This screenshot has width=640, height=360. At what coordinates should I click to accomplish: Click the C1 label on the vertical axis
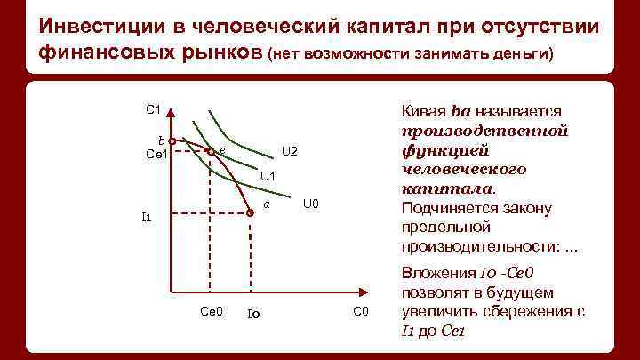tap(152, 109)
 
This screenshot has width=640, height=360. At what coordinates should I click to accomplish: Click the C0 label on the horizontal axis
tap(360, 310)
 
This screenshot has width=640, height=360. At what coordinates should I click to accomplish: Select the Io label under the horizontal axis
tap(252, 313)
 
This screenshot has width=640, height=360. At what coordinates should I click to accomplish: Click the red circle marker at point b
tap(172, 140)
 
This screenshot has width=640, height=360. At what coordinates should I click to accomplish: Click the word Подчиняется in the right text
tap(444, 208)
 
